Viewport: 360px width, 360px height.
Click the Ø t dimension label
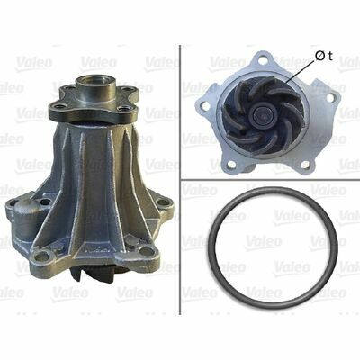tap(324, 56)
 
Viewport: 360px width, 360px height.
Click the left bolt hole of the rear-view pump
tap(205, 105)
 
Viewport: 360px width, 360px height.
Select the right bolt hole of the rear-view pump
tap(330, 97)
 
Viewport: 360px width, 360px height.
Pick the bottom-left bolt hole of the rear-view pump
tap(231, 164)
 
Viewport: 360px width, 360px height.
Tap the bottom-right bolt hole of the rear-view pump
tap(305, 164)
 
